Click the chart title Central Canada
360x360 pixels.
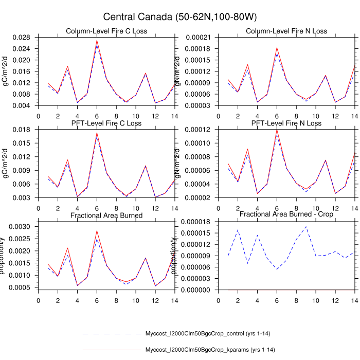tap(180, 17)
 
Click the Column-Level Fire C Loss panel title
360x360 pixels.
tap(106, 31)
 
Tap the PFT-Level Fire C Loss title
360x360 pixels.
tap(106, 123)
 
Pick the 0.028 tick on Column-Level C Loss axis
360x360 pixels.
tap(27, 37)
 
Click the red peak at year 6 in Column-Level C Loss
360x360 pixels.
tap(97, 40)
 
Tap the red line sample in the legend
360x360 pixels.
tap(112, 350)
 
